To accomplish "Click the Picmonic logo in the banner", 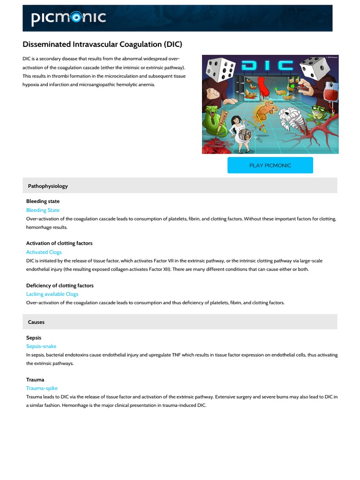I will click(68, 18).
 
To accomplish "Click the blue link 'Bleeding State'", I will click(43, 210).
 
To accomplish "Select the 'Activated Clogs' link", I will click(44, 252).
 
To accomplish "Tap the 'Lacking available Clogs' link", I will click(52, 294).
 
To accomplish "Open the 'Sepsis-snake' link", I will click(41, 346).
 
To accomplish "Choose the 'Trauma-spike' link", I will click(42, 388).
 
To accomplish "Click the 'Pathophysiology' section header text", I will click(48, 186).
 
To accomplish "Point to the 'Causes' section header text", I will click(36, 322).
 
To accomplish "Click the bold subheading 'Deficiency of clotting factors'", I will click(60, 285).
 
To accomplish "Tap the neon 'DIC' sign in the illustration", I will click(268, 65).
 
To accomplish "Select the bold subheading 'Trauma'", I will click(35, 380).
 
